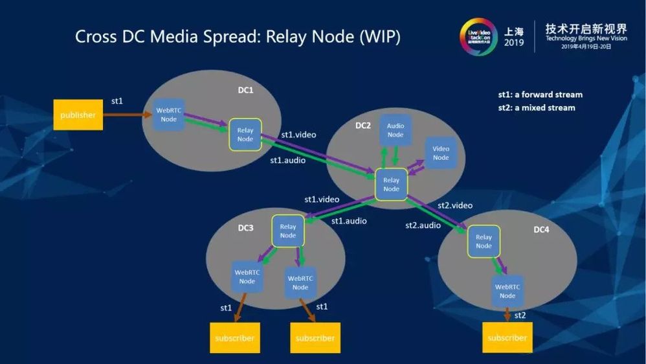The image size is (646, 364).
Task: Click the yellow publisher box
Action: (78, 115)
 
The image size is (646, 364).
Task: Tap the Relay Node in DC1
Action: (245, 135)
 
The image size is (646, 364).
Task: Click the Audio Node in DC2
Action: (395, 130)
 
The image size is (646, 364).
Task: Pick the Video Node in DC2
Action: (440, 154)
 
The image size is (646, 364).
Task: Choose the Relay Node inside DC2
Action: (391, 185)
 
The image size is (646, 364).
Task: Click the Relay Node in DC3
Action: (288, 231)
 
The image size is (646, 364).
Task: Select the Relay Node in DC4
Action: (484, 242)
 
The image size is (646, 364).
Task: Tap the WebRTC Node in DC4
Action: (507, 291)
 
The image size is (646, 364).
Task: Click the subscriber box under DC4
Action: (507, 337)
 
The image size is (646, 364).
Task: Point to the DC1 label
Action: (245, 90)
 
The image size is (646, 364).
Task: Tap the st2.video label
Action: (455, 205)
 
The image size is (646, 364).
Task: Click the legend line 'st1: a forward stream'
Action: (540, 95)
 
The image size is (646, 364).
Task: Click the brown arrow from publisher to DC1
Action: (126, 115)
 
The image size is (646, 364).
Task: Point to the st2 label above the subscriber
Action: (520, 315)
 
